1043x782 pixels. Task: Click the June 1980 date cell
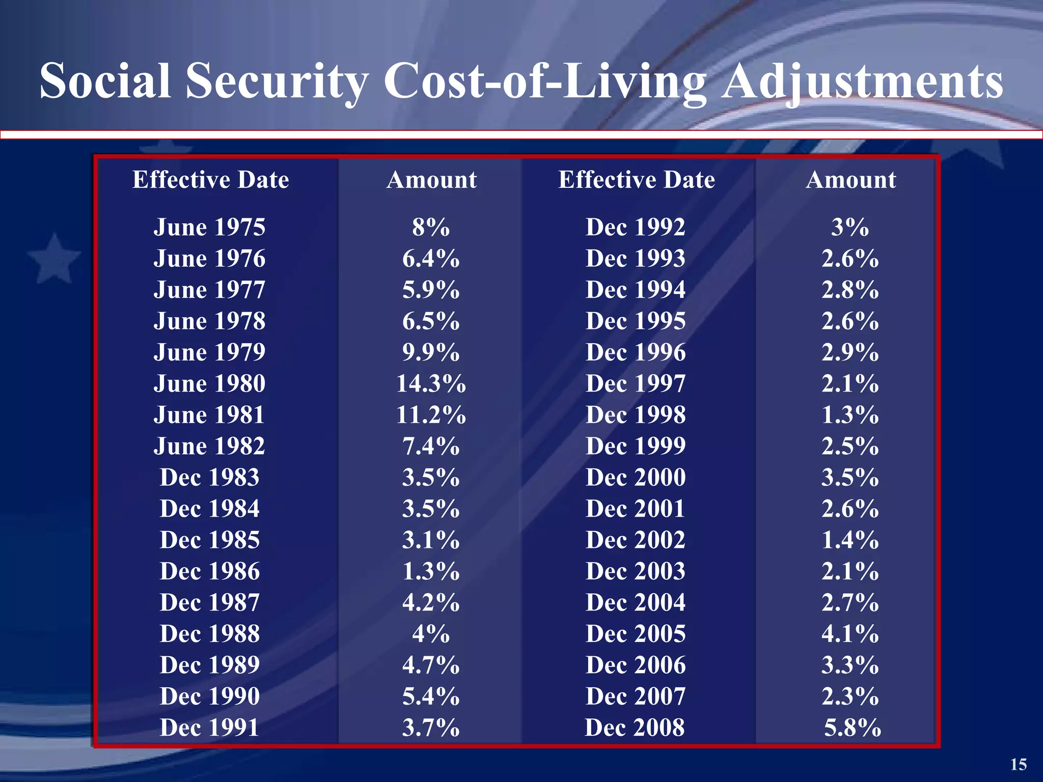[x=209, y=383]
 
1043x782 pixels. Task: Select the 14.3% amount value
[x=431, y=383]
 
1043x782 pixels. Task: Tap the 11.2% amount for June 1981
[x=431, y=415]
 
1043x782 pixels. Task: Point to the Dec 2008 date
[x=635, y=728]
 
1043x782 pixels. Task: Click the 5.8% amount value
[x=852, y=728]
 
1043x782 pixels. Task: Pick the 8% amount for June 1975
[x=431, y=227]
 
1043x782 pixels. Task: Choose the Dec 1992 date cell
[x=635, y=227]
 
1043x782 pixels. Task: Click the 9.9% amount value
[x=431, y=352]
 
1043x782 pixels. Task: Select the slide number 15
[x=1018, y=764]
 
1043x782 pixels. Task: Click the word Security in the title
[x=277, y=81]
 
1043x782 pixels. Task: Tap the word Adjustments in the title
[x=863, y=81]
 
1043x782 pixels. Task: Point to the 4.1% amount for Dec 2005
[x=850, y=634]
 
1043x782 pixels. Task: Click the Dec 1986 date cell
[x=209, y=571]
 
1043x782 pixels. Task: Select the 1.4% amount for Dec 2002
[x=850, y=540]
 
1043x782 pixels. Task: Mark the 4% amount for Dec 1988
[x=431, y=634]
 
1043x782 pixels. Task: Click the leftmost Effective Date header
[x=210, y=180]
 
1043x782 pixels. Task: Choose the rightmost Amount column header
[x=850, y=180]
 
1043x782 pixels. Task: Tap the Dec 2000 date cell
[x=635, y=478]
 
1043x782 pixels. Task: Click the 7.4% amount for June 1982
[x=431, y=446]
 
